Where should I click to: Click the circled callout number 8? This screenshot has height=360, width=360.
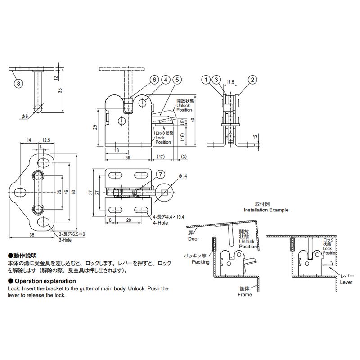[x=18, y=83]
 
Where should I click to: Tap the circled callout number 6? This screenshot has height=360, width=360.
[x=154, y=80]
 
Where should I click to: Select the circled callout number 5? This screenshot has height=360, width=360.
[x=177, y=80]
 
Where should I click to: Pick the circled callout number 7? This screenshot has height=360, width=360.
[x=161, y=175]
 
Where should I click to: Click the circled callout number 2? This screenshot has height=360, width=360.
[x=252, y=80]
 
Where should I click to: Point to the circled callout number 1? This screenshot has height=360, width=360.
[x=206, y=80]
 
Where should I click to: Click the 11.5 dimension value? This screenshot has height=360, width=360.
[x=230, y=82]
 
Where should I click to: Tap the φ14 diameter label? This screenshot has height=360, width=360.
[x=183, y=176]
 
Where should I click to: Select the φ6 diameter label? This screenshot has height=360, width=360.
[x=25, y=117]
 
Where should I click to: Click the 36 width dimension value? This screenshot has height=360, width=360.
[x=128, y=157]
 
